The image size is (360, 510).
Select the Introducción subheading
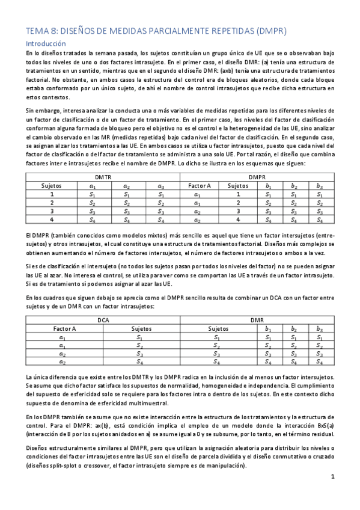pos(46,44)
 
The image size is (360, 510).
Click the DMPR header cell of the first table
pos(257,177)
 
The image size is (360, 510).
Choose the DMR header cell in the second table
pos(257,321)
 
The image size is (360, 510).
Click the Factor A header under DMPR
pos(199,186)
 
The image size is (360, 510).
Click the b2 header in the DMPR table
pos(294,186)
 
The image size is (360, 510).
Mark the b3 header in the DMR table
pos(320,329)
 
